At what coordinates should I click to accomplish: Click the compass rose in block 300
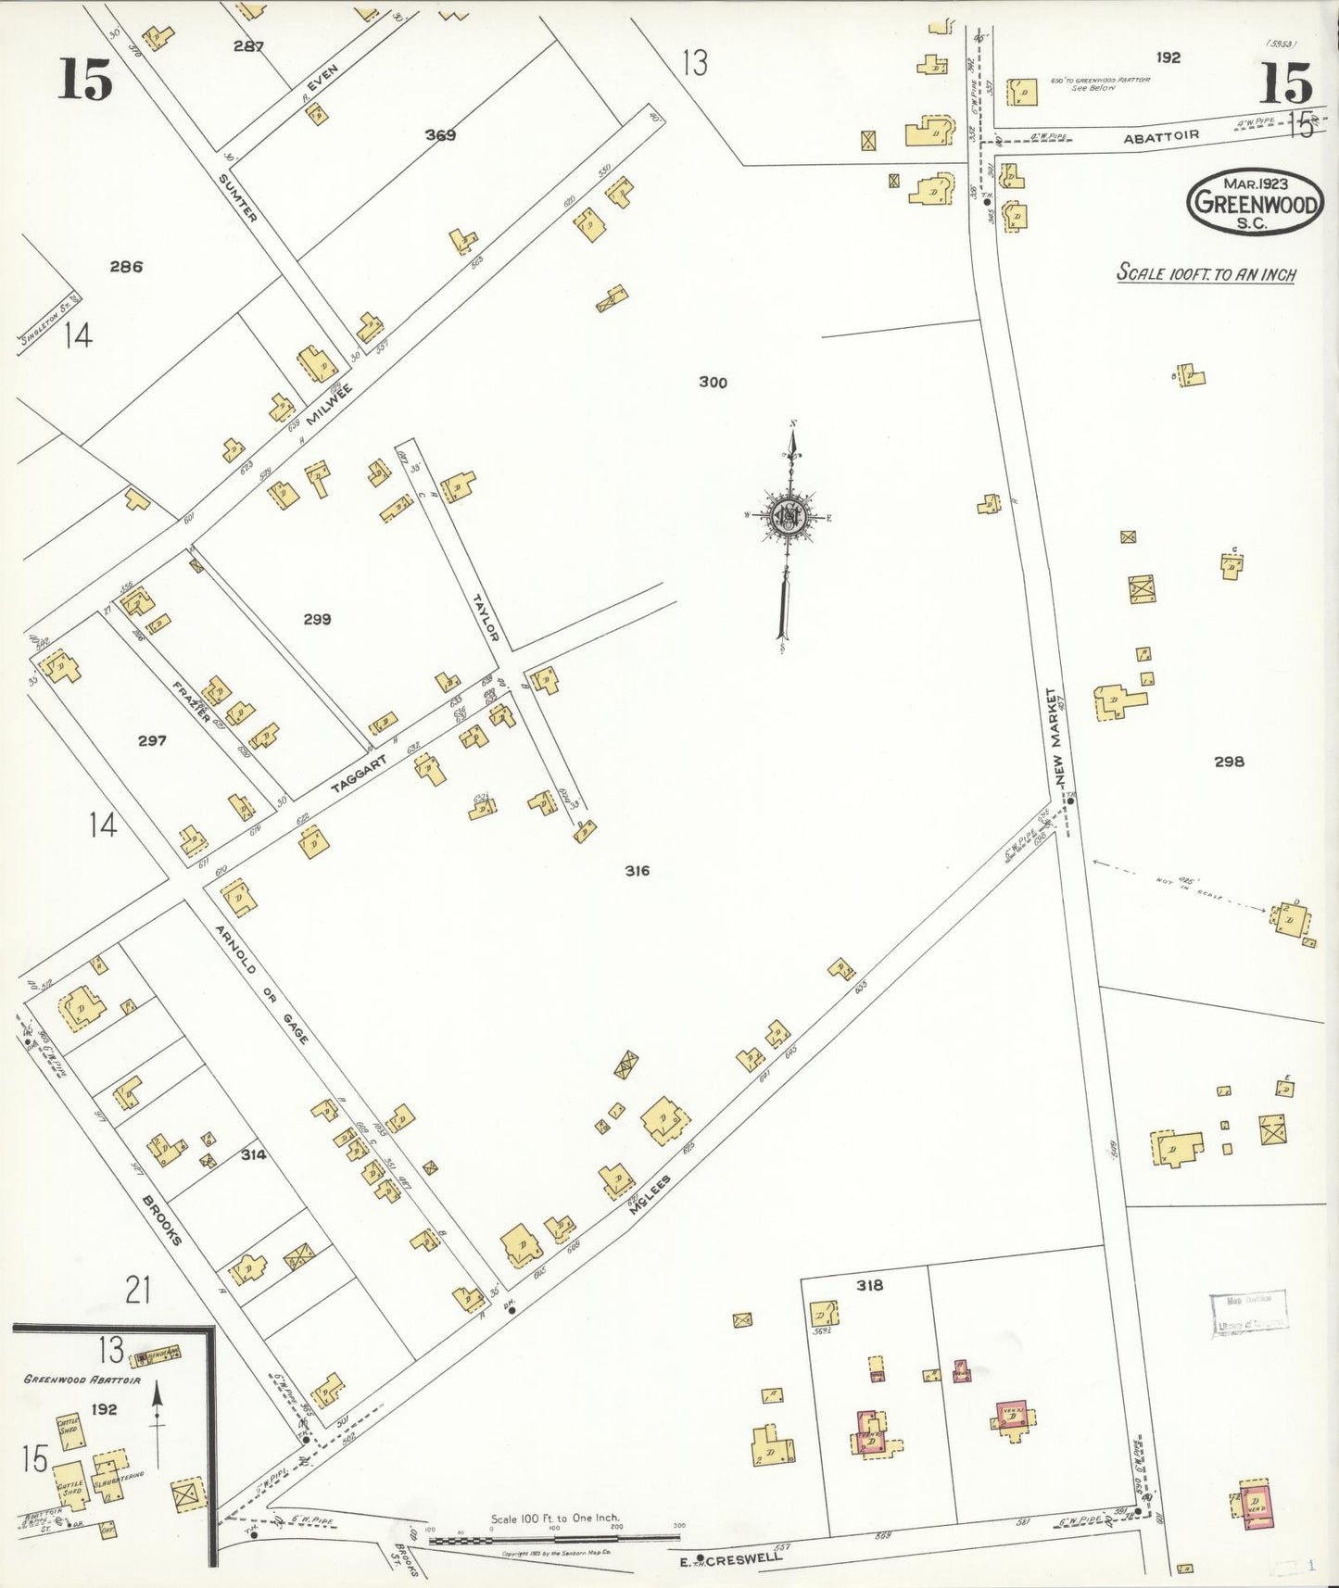(789, 517)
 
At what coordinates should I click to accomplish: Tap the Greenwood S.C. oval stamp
(1254, 201)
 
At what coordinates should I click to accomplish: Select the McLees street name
(650, 1195)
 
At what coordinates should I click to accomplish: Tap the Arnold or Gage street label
(261, 984)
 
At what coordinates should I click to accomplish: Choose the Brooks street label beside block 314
(161, 1219)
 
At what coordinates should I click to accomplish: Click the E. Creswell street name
(732, 1557)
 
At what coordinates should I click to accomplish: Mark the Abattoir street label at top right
(1161, 135)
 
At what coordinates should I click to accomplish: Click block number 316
(637, 870)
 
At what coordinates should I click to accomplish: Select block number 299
(317, 619)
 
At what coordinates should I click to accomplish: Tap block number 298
(1229, 762)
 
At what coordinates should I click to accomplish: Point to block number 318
(869, 1285)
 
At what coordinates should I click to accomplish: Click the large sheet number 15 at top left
(85, 79)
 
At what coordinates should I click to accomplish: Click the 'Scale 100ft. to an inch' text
(1206, 273)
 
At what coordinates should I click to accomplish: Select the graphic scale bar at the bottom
(554, 1539)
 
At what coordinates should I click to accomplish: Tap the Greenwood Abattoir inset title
(82, 1380)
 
